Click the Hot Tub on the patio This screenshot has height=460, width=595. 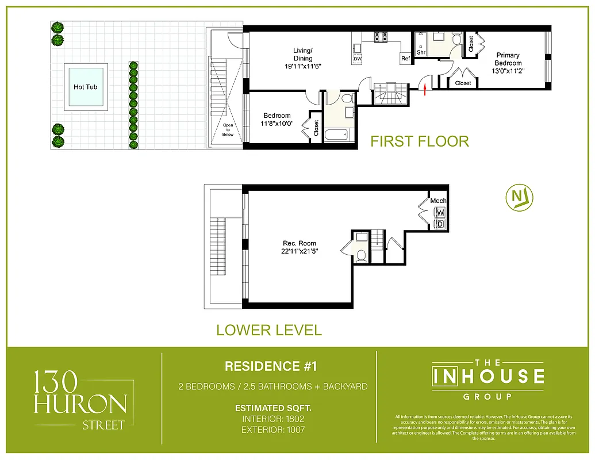coord(87,87)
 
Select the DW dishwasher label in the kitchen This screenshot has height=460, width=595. coord(358,59)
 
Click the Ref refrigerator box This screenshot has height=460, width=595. coord(405,58)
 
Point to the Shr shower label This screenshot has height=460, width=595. coord(421,52)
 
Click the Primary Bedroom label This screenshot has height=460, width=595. coord(508,59)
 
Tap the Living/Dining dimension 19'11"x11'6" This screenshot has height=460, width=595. coord(303,66)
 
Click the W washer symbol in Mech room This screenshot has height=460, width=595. coord(440,212)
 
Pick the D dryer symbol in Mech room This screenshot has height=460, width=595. coord(440,223)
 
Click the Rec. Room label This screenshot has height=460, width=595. coord(300,243)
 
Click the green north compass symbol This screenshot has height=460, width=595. coord(519,197)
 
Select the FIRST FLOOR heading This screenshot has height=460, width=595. coord(419,141)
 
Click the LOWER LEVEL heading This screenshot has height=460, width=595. coord(268,330)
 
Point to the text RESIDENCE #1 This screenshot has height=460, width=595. coord(271,366)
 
